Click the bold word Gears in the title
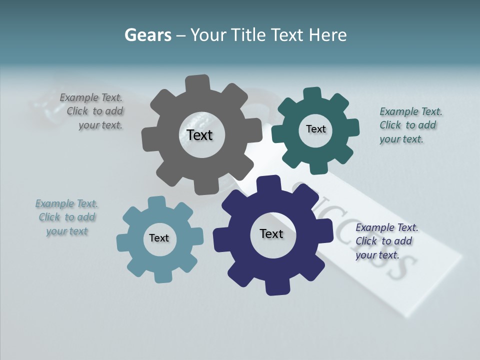click(x=147, y=35)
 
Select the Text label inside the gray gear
click(x=199, y=135)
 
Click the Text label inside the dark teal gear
click(x=315, y=129)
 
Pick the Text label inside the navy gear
click(x=271, y=233)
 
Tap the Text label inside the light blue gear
click(x=159, y=238)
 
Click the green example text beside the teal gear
click(x=408, y=125)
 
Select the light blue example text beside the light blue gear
click(x=67, y=217)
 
